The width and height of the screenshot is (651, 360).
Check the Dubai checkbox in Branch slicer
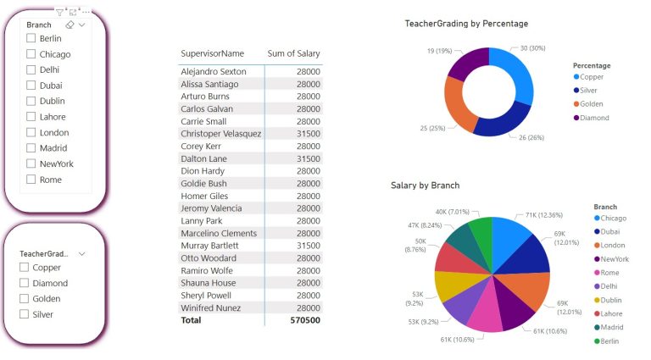pyautogui.click(x=31, y=86)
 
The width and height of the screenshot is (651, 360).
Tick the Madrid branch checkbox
pyautogui.click(x=31, y=148)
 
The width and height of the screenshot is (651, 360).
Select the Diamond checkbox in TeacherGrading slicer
pyautogui.click(x=25, y=283)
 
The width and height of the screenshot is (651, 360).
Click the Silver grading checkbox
pyautogui.click(x=25, y=314)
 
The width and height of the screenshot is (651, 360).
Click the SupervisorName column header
pyautogui.click(x=212, y=54)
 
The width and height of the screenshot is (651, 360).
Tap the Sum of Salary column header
pyautogui.click(x=293, y=54)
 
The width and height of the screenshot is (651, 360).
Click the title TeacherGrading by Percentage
pyautogui.click(x=466, y=24)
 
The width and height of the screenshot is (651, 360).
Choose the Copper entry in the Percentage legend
pyautogui.click(x=592, y=77)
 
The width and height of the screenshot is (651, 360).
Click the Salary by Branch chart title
pyautogui.click(x=425, y=185)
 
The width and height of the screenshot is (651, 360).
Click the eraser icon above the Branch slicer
pyautogui.click(x=69, y=25)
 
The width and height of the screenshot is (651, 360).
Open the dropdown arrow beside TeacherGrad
pyautogui.click(x=82, y=253)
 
